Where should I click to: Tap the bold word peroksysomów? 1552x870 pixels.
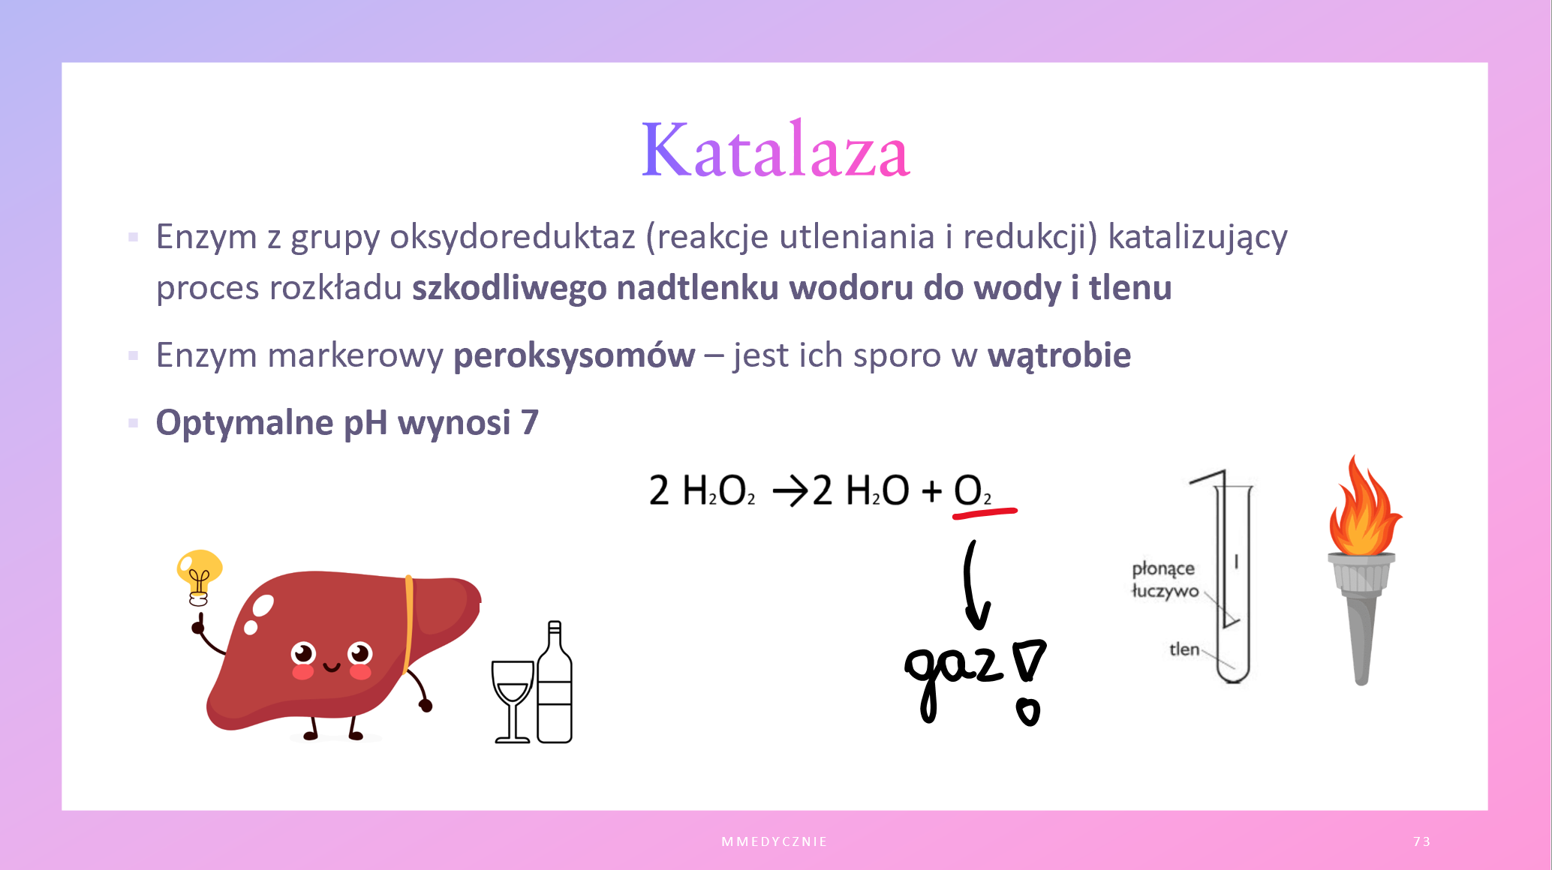pos(574,356)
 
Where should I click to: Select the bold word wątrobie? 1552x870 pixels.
pos(1059,355)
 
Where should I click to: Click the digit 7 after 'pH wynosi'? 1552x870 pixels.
pos(530,423)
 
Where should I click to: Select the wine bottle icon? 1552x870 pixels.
pos(555,682)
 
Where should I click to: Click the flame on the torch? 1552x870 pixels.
pos(1363,508)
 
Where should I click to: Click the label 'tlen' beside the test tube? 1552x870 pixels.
pos(1184,649)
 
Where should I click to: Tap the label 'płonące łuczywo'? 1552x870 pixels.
pos(1164,580)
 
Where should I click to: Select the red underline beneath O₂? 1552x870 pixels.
pos(985,513)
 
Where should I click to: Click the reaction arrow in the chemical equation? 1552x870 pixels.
pos(790,493)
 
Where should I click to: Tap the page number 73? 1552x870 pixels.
pos(1421,841)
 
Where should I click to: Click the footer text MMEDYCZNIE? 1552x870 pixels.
pos(774,841)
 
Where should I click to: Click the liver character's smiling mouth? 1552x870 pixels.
pos(332,667)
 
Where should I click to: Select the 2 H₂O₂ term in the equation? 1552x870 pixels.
pos(702,491)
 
